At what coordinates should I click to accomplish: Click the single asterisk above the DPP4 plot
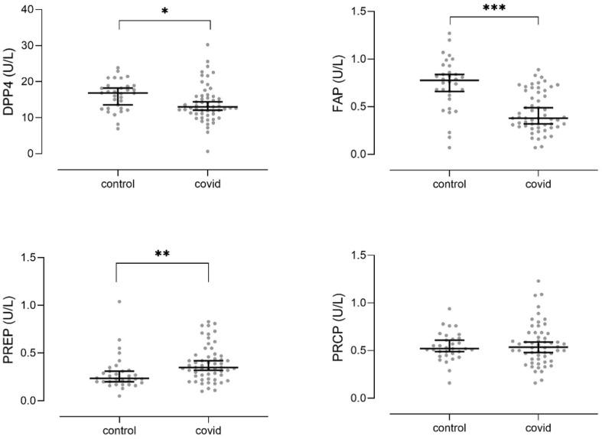[x=164, y=11]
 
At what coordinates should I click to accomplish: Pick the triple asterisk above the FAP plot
[x=493, y=8]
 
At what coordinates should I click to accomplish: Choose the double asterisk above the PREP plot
[x=162, y=253]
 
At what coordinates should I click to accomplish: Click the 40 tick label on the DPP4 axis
[x=28, y=10]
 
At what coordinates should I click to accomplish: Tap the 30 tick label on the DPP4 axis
[x=28, y=46]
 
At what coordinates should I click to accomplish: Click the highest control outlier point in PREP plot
[x=119, y=301]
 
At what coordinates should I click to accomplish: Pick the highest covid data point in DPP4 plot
[x=207, y=45]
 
